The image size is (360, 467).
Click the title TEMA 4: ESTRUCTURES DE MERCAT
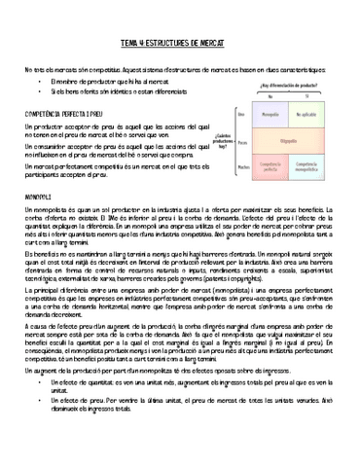[180, 45]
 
